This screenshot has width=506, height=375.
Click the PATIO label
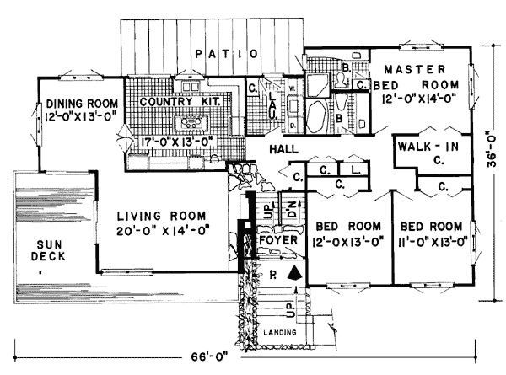point(224,55)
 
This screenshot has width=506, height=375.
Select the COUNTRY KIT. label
point(180,102)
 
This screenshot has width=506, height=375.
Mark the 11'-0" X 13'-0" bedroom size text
point(431,243)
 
